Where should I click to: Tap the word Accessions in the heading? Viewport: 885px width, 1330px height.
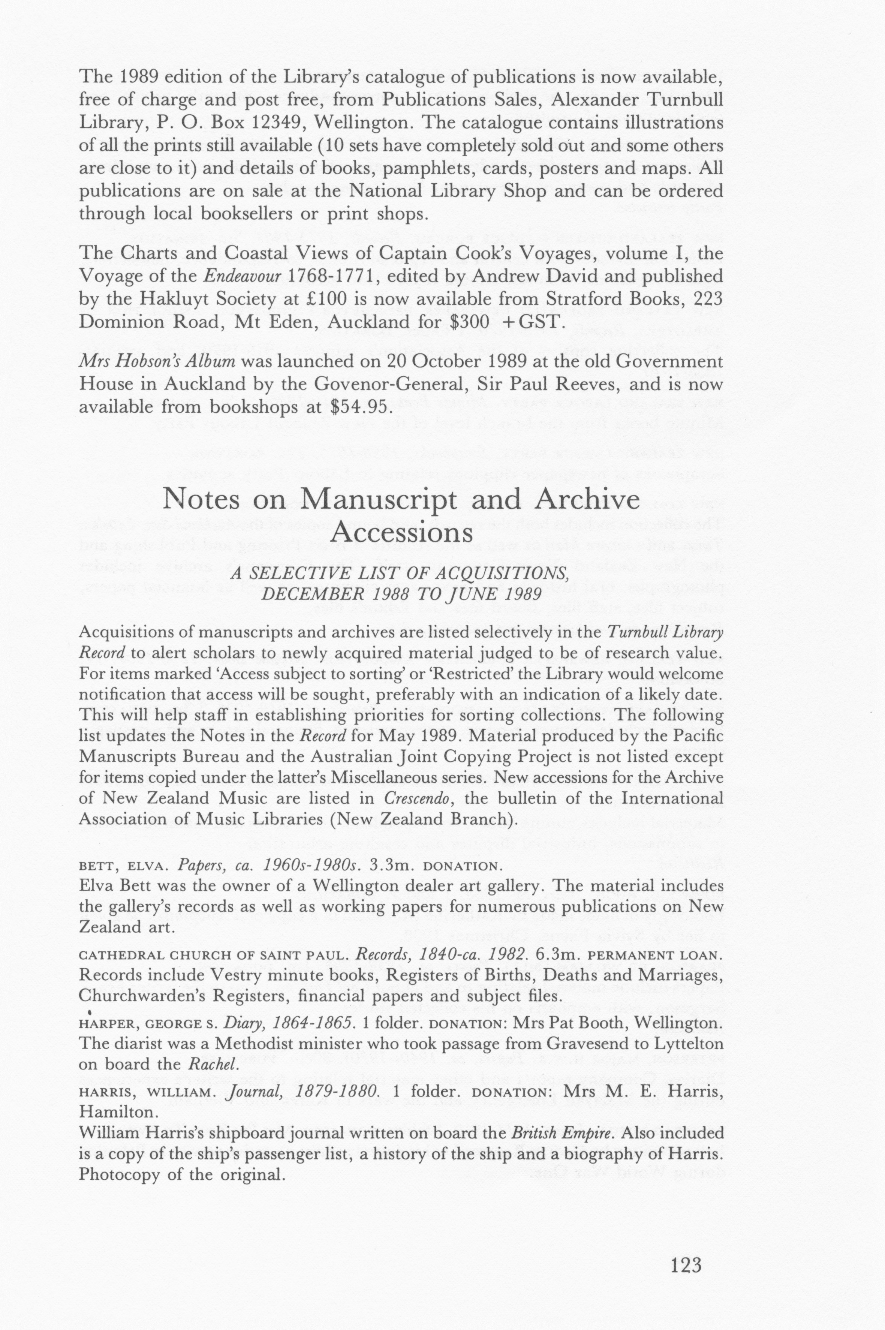tap(401, 532)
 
